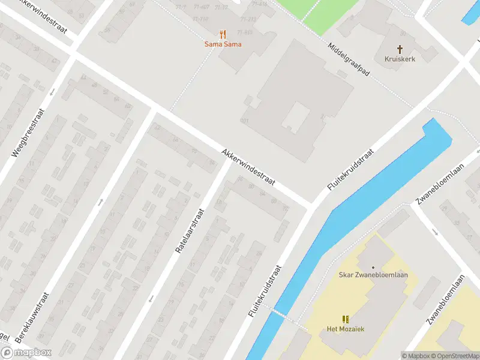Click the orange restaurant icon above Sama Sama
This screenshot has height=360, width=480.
(223, 34)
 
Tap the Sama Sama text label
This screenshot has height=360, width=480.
(223, 44)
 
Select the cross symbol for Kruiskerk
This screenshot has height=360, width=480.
(400, 49)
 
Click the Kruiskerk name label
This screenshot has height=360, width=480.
(400, 59)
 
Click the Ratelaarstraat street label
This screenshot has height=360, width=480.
(191, 230)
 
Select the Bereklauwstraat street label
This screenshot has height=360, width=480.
(33, 319)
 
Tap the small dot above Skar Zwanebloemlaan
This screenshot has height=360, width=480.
(373, 267)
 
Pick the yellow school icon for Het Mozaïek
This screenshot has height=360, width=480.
(345, 319)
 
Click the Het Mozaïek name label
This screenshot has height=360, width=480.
(346, 329)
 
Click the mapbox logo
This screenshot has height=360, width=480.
(26, 352)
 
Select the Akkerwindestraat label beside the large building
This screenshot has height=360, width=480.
(248, 167)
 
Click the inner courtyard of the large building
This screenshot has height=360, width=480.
(295, 118)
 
